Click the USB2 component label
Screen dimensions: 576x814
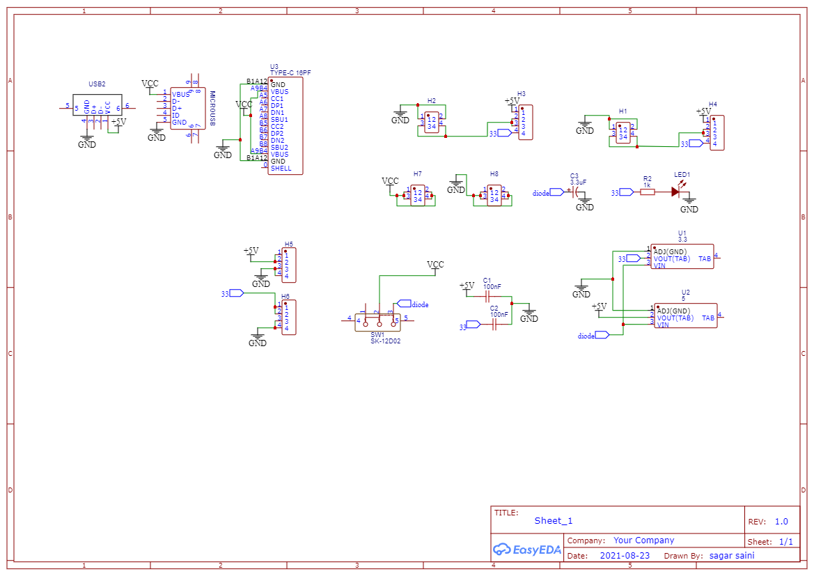pos(97,84)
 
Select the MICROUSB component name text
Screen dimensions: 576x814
pos(212,108)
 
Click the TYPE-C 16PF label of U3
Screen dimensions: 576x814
pos(290,72)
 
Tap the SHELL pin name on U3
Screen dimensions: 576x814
pos(281,169)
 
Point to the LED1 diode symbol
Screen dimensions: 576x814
pos(675,192)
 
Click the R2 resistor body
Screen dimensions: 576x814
pos(648,192)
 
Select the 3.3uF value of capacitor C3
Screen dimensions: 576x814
pos(578,182)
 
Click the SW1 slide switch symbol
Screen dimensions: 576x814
pos(377,321)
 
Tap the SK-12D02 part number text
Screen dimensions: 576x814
pos(385,341)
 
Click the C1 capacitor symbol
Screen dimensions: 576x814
pos(493,295)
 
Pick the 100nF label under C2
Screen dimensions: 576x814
pos(499,314)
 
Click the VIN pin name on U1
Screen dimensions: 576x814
pos(659,265)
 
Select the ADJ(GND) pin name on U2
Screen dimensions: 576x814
pos(673,311)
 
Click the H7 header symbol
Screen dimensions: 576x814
pos(418,196)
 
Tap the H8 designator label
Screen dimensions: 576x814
pos(494,173)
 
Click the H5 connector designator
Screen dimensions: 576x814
pos(288,244)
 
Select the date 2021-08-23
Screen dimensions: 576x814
pos(624,556)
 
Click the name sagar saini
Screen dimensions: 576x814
pos(731,556)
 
